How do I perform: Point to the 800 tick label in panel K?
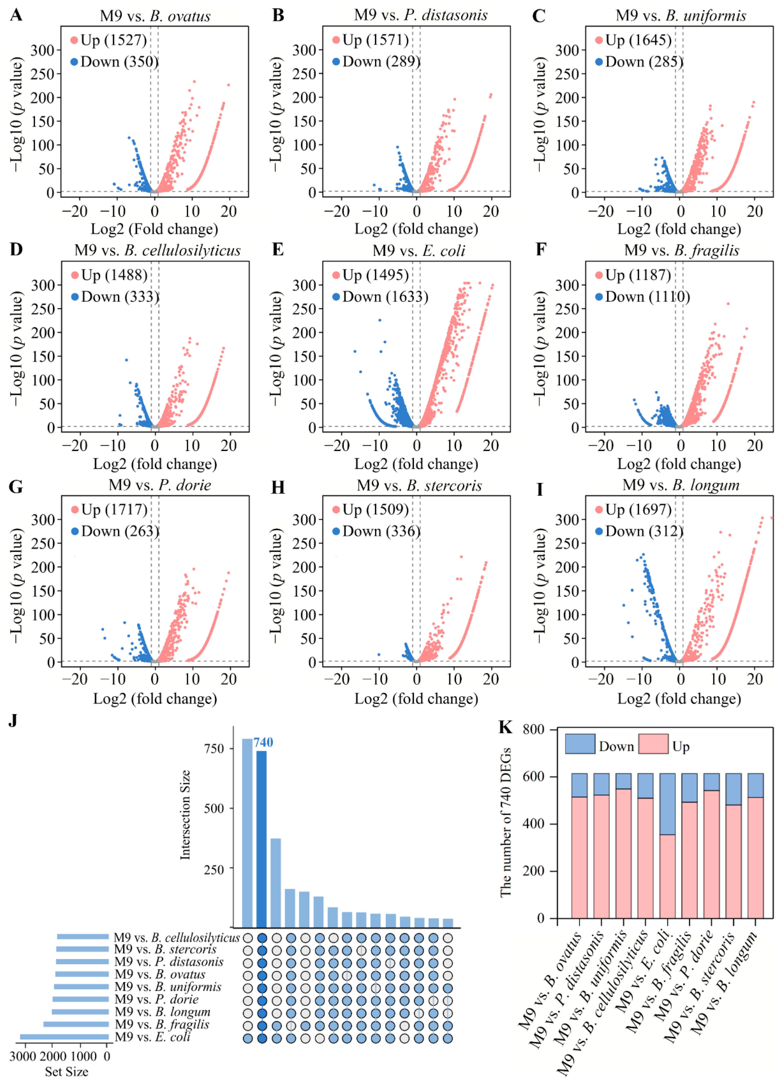coord(533,729)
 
